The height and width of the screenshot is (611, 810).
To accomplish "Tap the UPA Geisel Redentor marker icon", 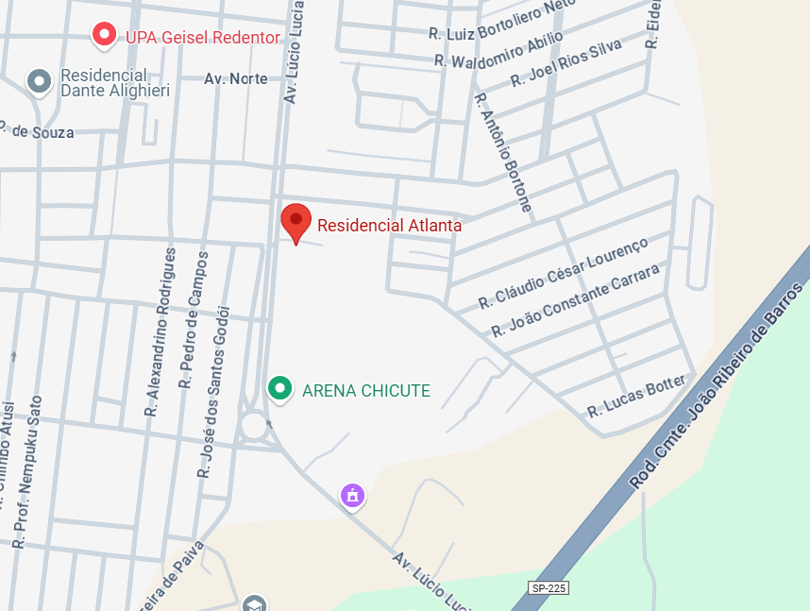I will [104, 36].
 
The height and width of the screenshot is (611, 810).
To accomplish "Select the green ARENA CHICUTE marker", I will [278, 388].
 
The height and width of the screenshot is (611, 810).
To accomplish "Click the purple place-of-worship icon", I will [353, 494].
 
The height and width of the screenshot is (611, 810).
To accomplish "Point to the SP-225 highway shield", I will [548, 587].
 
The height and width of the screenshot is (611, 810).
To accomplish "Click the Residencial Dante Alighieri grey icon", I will [39, 82].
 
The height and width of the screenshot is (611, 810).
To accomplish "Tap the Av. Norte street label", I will [236, 79].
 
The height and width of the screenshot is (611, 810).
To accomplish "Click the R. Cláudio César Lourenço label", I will [564, 274].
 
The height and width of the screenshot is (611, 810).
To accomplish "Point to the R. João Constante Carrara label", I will [576, 301].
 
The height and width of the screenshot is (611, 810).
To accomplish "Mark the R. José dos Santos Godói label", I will [213, 390].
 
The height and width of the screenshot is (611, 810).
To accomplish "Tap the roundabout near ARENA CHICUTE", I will [254, 425].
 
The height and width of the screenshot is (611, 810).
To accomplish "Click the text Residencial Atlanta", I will [389, 226].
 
